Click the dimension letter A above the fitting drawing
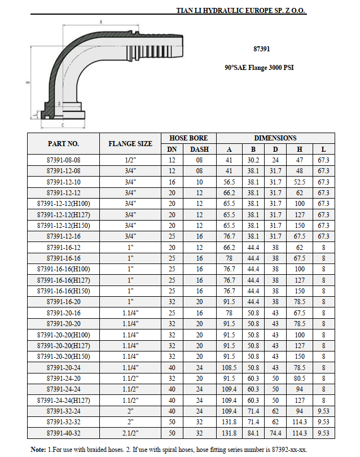point(101,22)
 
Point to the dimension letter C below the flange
point(62,125)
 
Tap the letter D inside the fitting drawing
point(59,104)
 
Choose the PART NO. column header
point(63,144)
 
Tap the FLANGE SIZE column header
point(130,144)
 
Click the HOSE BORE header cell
point(188,138)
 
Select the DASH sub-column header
point(199,150)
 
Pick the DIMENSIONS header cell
point(275,138)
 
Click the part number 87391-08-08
point(63,160)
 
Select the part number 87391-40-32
point(63,433)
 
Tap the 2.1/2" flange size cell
point(130,433)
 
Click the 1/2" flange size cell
point(130,160)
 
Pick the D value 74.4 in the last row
point(275,433)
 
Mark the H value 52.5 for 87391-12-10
point(299,182)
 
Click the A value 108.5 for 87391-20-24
point(230,367)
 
